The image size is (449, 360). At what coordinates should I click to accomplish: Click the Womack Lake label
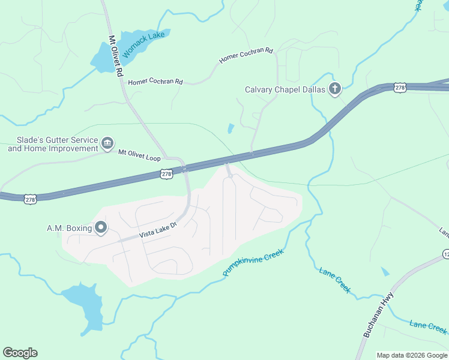coord(143,44)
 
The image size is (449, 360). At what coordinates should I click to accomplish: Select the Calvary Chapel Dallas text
coord(285,90)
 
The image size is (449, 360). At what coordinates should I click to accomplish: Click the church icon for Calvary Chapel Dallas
coord(334,90)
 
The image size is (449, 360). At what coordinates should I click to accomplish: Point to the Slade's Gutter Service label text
coord(53,144)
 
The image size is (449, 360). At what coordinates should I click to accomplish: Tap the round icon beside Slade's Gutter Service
coord(107,142)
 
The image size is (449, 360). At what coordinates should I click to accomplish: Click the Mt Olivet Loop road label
coord(139,155)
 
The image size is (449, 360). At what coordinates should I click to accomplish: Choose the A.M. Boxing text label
coord(69,228)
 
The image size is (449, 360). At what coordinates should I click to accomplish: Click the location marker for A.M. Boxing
coord(101,228)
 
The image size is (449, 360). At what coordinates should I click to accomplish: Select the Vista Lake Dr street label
coord(159,229)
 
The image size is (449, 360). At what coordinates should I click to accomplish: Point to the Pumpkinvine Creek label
coord(253,263)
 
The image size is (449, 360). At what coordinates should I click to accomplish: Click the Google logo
coord(20,353)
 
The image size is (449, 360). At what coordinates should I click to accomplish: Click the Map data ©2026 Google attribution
coord(412,355)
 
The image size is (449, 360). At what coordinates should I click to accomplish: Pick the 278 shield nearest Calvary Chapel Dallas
coord(400,88)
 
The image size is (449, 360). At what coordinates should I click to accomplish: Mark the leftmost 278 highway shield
coord(29,199)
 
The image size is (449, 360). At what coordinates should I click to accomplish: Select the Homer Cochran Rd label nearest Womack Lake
coord(155,81)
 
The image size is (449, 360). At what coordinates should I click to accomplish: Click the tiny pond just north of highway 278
coord(231,128)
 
